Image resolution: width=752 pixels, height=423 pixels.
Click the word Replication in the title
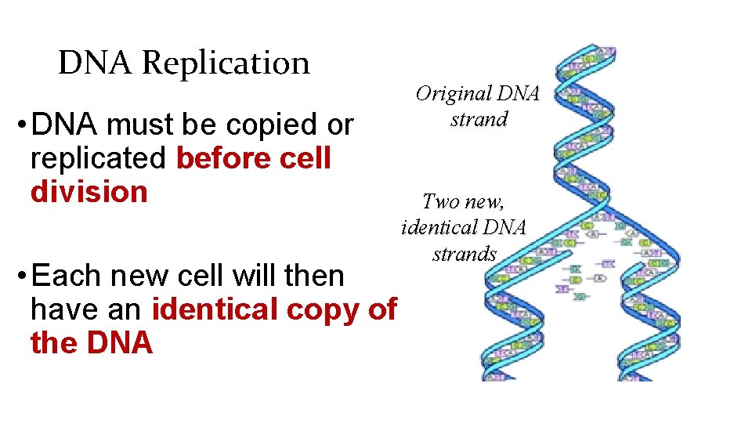tap(226, 63)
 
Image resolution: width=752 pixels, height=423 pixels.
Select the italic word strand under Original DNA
tap(479, 120)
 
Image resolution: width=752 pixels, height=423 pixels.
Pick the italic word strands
tap(465, 254)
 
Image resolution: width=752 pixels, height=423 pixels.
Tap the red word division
tap(89, 192)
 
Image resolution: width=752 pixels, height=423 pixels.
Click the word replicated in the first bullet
tap(97, 158)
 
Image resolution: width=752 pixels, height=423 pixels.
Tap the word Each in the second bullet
tap(67, 277)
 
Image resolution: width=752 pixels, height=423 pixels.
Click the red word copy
tap(322, 310)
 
